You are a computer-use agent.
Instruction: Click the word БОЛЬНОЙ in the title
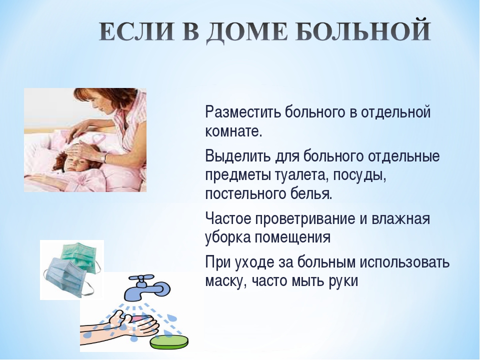point(363,31)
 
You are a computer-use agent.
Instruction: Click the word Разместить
point(243,112)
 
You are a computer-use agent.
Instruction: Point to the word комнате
point(234,131)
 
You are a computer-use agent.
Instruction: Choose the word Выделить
point(238,156)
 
